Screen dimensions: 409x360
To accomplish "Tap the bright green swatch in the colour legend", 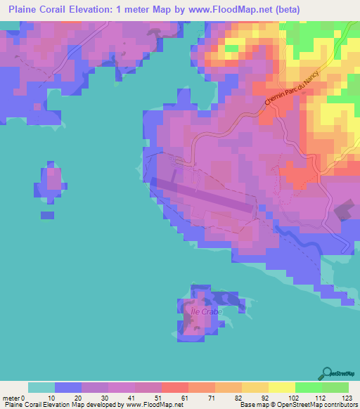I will click(x=309, y=387).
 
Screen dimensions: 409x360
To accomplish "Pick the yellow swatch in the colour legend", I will click(x=282, y=387).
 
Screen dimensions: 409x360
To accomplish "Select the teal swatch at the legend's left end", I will click(x=41, y=387).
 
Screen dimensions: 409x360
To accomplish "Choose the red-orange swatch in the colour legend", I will click(x=175, y=387).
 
